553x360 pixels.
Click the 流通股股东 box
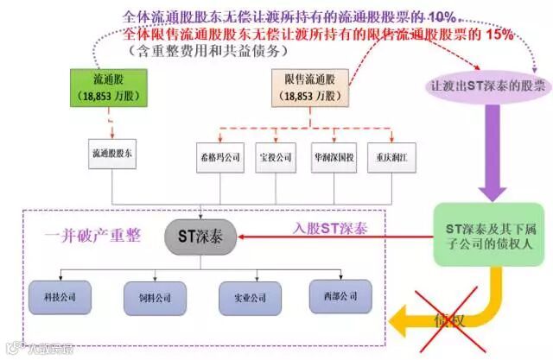click(111, 152)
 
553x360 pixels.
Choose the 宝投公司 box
click(277, 159)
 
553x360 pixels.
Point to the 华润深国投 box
click(334, 159)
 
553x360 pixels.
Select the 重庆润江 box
click(391, 159)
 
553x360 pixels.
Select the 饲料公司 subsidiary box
click(149, 298)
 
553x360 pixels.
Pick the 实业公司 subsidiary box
click(245, 298)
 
